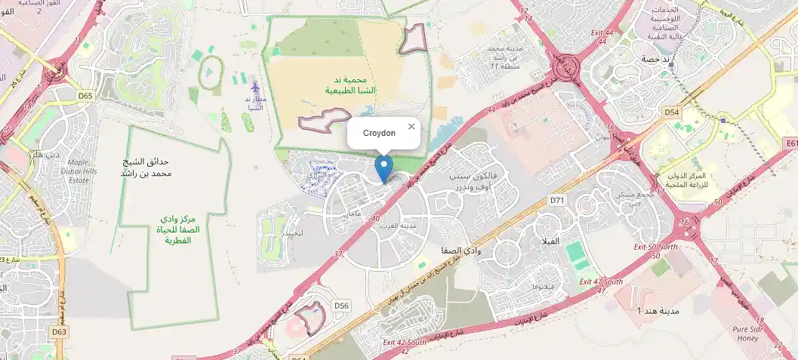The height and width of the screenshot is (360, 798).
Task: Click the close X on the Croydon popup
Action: [x=411, y=126]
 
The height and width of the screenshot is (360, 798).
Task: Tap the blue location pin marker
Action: [x=384, y=168]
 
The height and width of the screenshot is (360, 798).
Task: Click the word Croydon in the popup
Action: [x=379, y=133]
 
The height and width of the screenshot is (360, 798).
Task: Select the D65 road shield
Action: [x=85, y=96]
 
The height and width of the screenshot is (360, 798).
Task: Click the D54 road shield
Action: [x=672, y=112]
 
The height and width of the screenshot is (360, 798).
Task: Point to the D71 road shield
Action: [x=557, y=200]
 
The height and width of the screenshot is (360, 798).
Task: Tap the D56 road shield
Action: [x=342, y=305]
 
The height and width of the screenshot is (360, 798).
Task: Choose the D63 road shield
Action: [x=60, y=331]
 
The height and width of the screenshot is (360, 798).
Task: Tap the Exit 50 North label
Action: [x=655, y=247]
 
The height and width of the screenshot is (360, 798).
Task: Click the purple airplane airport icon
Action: [x=255, y=88]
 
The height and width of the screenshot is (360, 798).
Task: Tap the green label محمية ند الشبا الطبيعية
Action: [x=350, y=85]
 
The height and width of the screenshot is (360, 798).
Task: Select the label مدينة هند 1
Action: [x=650, y=311]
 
